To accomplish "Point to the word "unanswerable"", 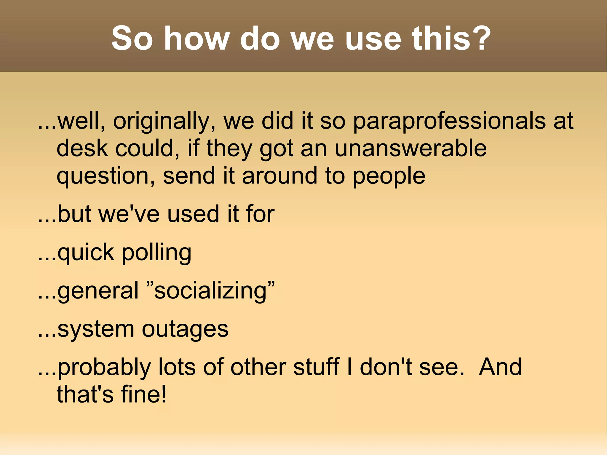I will point(410,148).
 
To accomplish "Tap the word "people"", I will point(389,176).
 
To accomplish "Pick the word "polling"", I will point(156,253).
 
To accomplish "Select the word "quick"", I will point(86,253).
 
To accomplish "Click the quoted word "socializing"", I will point(211,291).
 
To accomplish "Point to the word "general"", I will point(98,291).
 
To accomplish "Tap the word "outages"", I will point(185,330).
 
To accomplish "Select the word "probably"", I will point(104,368).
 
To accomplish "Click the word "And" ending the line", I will point(500,367).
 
